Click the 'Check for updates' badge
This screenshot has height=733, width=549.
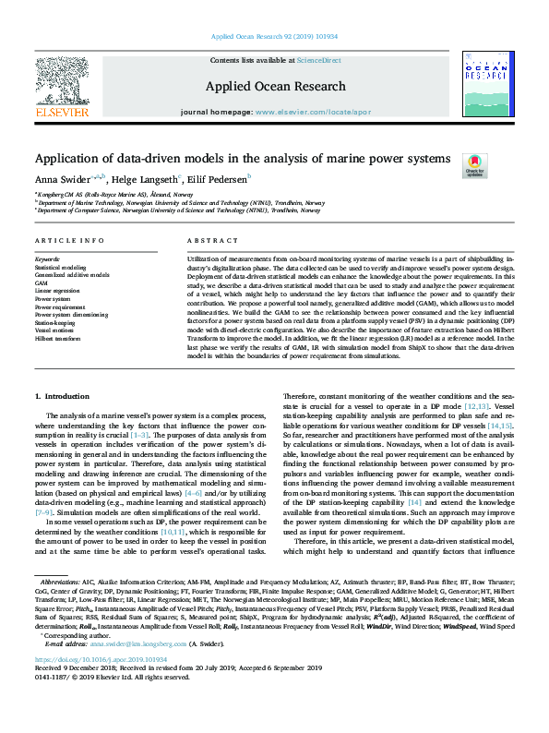pyautogui.click(x=474, y=165)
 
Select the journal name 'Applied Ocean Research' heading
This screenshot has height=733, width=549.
pyautogui.click(x=274, y=86)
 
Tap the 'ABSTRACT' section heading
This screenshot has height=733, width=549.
pyautogui.click(x=207, y=240)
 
